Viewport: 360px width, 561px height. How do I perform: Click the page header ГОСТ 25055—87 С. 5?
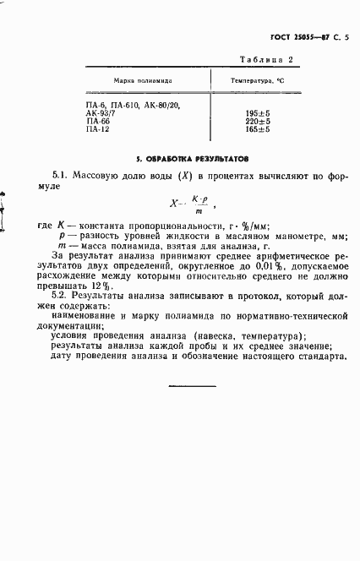pos(301,35)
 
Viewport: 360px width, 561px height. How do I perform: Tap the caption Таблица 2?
pos(266,60)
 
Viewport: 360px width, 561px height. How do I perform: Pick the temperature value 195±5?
pos(258,112)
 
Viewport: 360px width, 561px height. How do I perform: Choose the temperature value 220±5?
pos(258,121)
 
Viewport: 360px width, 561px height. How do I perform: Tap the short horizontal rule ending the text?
pos(194,387)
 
